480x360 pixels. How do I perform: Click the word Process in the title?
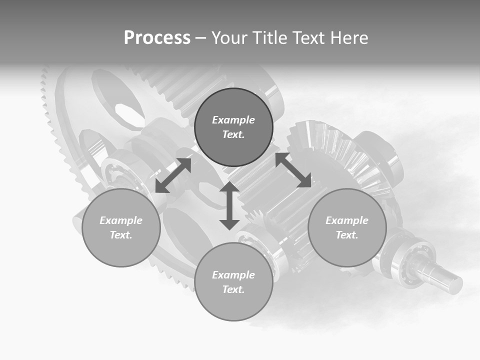[x=157, y=37]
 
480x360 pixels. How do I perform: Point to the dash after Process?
[x=200, y=38]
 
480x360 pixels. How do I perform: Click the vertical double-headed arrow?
[x=229, y=206]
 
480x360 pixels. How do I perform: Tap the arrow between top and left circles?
[x=173, y=175]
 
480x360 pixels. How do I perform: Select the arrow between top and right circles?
[x=293, y=170]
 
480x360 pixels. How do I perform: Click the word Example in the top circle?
[x=233, y=120]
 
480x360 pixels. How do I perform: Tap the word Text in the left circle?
[x=121, y=235]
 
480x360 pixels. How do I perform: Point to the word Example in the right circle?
[x=347, y=220]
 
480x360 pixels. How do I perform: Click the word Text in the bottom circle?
[x=233, y=289]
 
